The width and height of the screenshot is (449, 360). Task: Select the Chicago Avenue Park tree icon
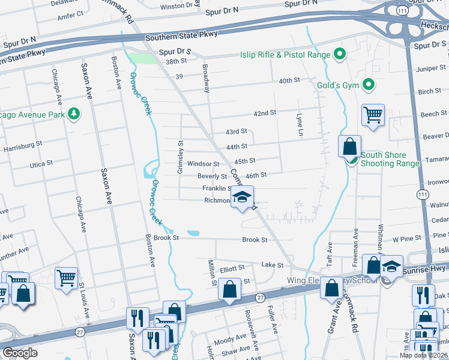coord(74,114)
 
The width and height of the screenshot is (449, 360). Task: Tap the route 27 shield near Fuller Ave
coord(260,298)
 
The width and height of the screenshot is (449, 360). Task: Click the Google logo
coord(20,353)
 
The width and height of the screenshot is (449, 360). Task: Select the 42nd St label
coord(265,113)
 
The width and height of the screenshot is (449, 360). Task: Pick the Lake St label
coord(272,265)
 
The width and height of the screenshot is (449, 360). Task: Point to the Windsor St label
coord(203,163)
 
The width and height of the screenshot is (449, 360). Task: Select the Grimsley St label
coord(179,157)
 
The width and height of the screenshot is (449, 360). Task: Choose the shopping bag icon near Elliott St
coord(230,289)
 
